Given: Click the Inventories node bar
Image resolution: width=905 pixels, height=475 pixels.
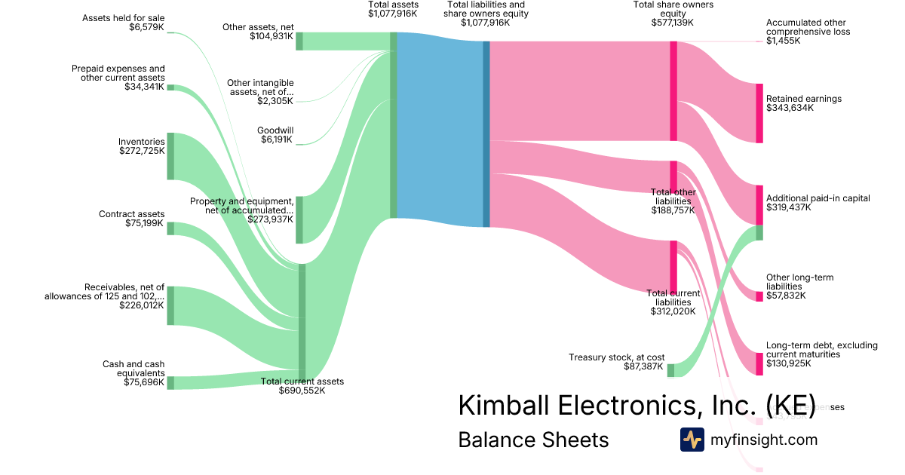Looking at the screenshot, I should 170,156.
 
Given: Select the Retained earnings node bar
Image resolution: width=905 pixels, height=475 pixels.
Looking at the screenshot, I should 759,113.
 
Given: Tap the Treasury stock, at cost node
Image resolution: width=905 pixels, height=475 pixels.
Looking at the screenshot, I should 670,370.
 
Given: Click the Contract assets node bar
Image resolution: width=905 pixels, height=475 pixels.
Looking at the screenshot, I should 170,228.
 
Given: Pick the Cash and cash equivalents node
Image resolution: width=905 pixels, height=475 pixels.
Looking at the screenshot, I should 170,382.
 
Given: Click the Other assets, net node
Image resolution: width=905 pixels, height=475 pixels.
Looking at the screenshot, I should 299,41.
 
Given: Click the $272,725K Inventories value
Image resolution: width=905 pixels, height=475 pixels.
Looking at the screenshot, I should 142,151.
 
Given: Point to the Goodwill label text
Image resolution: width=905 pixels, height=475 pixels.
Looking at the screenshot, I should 275,130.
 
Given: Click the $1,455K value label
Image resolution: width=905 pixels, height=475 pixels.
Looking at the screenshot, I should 784,41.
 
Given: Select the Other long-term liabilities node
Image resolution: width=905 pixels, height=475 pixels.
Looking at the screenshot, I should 759,296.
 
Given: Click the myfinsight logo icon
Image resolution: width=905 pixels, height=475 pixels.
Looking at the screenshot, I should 692,440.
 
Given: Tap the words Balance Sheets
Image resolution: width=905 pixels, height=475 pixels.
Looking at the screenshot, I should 533,440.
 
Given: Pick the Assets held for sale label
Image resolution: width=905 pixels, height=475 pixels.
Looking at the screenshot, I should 124,18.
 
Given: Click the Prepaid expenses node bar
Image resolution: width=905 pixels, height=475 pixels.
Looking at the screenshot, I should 170,87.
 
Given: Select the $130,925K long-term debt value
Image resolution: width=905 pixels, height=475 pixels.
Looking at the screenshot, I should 789,363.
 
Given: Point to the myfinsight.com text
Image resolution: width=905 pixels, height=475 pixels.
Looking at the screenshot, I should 764,440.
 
